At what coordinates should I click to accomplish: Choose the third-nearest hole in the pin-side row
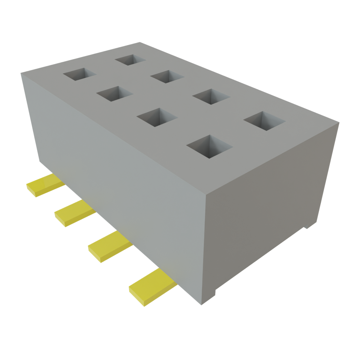pyautogui.click(x=114, y=94)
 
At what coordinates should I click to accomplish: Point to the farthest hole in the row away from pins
pyautogui.click(x=130, y=59)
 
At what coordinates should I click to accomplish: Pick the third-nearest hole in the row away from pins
pyautogui.click(x=167, y=76)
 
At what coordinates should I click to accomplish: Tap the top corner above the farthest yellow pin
pyautogui.click(x=21, y=73)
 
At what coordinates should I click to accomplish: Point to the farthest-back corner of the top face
pyautogui.click(x=140, y=42)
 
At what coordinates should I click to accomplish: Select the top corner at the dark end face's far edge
pyautogui.click(x=339, y=122)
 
